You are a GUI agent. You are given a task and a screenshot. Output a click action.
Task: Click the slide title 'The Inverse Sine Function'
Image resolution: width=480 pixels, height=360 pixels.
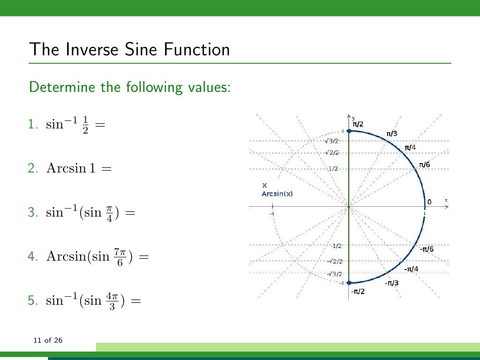129,49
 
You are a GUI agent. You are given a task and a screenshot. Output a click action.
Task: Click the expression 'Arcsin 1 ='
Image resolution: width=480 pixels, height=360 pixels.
79,168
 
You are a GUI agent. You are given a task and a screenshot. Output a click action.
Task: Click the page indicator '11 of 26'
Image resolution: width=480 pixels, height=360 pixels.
48,340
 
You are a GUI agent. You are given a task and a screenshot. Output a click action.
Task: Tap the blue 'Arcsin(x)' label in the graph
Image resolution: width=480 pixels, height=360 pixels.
277,194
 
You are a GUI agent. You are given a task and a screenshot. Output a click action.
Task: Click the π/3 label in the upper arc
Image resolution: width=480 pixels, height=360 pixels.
391,134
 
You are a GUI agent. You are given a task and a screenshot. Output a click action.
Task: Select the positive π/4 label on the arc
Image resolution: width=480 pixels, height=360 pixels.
410,148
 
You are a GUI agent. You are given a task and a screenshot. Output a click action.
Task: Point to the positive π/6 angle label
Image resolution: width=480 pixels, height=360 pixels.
424,165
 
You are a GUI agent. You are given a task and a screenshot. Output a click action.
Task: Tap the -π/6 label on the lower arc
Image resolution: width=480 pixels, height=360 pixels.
426,249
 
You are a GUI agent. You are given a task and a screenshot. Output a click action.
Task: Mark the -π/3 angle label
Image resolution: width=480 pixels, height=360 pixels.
392,283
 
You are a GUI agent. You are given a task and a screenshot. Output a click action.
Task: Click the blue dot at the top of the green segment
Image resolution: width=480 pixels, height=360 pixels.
349,131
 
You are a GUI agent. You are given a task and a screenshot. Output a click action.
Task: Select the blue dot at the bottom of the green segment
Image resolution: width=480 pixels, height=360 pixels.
349,283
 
